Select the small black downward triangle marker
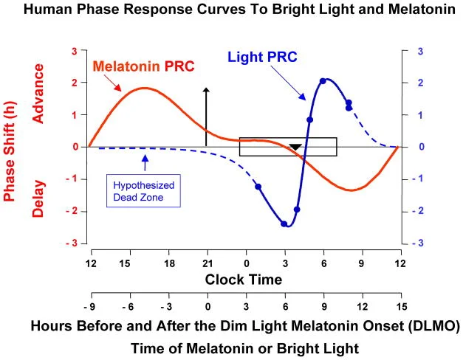point(295,148)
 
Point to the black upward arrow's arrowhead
point(207,89)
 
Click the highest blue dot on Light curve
point(323,81)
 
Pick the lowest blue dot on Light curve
point(284,224)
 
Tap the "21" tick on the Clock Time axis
point(207,263)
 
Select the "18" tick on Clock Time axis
point(168,263)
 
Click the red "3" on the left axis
point(74,51)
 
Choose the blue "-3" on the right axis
point(418,243)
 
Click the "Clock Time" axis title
point(244,280)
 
